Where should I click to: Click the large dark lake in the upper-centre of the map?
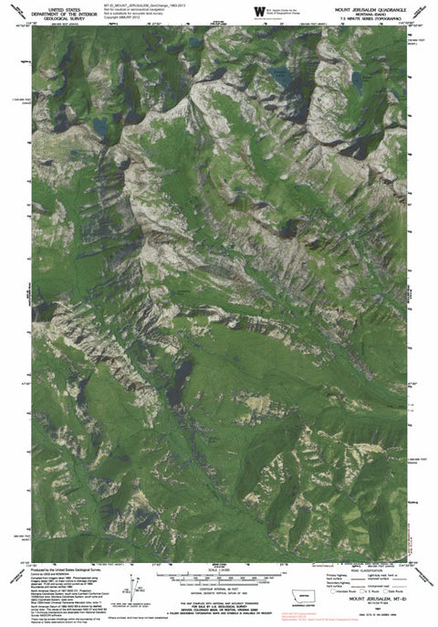282,77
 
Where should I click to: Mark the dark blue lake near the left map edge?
98,122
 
